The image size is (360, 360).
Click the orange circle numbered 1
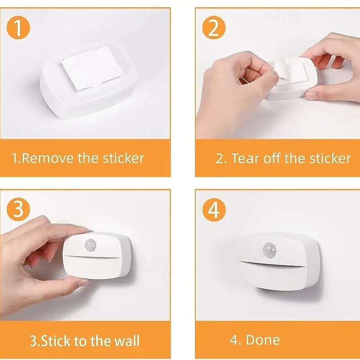click(18, 27)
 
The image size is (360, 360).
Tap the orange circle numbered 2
click(214, 27)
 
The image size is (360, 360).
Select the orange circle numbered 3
click(18, 209)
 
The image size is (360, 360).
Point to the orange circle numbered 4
click(214, 210)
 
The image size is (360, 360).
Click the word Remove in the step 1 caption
click(48, 158)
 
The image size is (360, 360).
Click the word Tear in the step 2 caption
click(245, 158)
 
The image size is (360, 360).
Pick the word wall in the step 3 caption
click(127, 341)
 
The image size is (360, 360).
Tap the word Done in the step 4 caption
click(263, 340)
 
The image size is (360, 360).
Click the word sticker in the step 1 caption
click(123, 158)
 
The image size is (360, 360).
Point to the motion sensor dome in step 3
click(90, 245)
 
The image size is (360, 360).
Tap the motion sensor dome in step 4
click(269, 250)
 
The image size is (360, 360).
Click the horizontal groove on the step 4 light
click(273, 264)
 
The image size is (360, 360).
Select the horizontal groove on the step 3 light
click(92, 256)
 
